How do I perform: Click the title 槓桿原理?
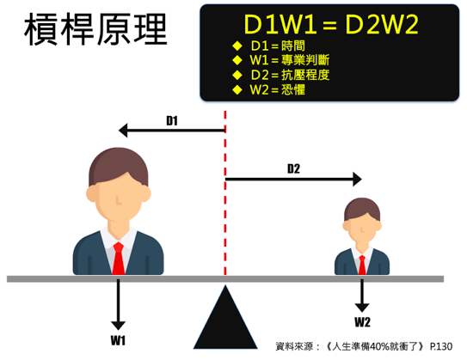pos(95,29)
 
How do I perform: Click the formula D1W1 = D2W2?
pos(331,24)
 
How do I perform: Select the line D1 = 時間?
pos(278,46)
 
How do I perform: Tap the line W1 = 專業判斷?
pos(290,60)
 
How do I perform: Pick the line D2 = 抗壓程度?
pos(290,75)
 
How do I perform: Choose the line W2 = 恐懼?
pos(277,89)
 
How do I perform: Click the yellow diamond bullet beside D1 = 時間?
pos(237,46)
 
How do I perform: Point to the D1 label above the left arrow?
pos(172,120)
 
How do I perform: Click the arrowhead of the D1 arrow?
pos(123,131)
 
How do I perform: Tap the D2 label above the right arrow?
pos(293,168)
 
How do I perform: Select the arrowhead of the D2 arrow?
pos(357,179)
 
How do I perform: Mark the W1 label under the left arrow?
pos(118,340)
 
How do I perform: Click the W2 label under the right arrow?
pos(362,322)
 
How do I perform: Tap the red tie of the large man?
pos(119,259)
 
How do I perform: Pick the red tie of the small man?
pos(362,265)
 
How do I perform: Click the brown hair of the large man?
pos(118,163)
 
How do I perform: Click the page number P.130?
pos(441,346)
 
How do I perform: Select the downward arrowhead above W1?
pos(118,326)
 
